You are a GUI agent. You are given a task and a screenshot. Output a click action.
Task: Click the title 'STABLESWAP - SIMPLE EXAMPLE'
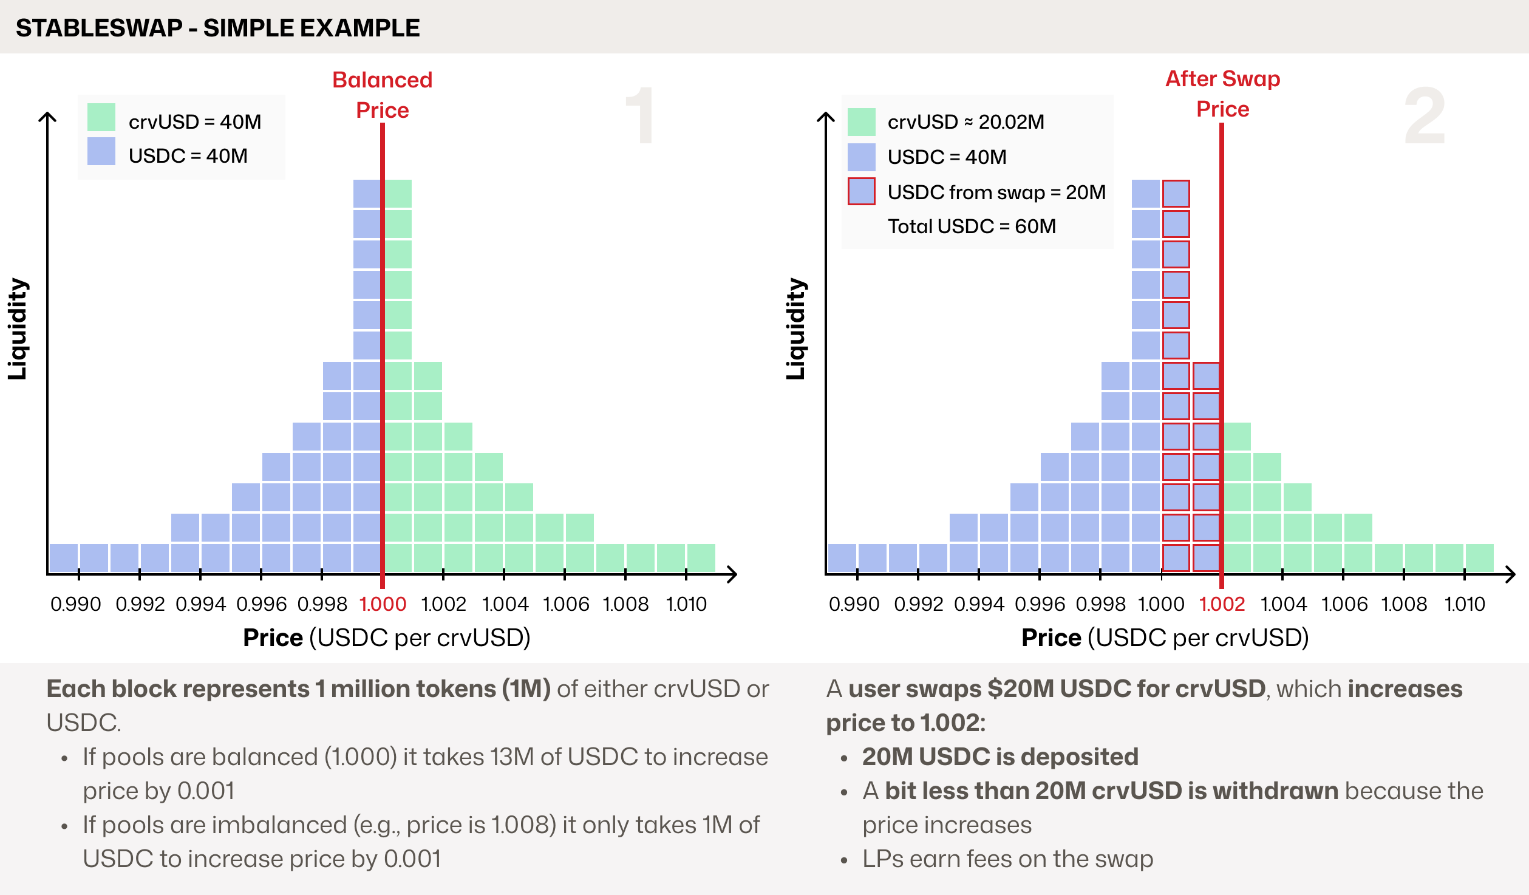[217, 28]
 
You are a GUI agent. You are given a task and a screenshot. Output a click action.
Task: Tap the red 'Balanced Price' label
[382, 95]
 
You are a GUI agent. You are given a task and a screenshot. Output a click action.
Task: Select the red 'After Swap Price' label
[1222, 94]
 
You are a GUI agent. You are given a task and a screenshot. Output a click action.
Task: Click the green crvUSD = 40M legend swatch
[101, 117]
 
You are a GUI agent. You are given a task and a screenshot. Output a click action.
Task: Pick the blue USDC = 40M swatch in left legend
[101, 151]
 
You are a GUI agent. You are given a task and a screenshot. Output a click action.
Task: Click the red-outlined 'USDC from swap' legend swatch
[861, 191]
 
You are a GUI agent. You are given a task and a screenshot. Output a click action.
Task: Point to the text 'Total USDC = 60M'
[972, 226]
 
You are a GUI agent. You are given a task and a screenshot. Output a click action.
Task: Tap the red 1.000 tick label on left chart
[383, 604]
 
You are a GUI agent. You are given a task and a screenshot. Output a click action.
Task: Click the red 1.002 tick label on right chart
[1222, 604]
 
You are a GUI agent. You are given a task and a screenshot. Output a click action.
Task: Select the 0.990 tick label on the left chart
[76, 604]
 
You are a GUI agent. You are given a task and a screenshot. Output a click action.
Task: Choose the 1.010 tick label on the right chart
[1465, 604]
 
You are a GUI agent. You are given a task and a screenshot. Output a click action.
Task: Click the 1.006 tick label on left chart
[566, 604]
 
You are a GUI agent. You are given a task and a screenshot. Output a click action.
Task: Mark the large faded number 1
[640, 115]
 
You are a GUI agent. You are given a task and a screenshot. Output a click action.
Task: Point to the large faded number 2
[1425, 115]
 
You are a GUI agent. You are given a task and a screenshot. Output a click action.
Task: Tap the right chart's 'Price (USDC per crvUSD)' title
[1165, 638]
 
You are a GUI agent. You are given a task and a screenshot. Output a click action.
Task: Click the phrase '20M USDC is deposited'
[1000, 757]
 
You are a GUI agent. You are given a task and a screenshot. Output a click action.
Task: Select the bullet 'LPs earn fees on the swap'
[1007, 859]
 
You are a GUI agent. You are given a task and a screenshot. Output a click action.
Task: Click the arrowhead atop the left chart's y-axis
[47, 116]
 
